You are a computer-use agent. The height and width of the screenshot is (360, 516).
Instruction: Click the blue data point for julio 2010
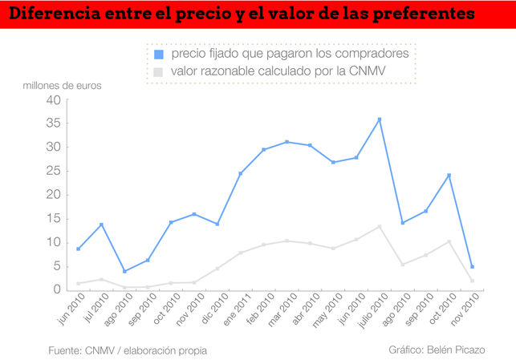point(380,119)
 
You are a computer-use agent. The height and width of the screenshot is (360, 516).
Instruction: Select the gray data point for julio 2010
point(380,226)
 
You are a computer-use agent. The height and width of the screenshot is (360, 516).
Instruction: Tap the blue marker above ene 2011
point(241,173)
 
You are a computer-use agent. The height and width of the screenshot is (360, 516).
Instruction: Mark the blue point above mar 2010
point(286,142)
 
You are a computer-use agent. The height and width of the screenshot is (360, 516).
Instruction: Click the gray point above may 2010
point(333,249)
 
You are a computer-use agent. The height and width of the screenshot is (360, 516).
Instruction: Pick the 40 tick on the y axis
point(54,100)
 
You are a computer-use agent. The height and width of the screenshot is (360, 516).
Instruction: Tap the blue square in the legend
point(158,55)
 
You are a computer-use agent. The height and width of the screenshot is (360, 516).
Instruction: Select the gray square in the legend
point(158,72)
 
